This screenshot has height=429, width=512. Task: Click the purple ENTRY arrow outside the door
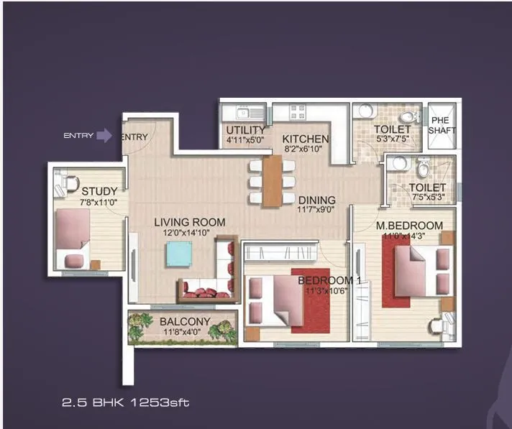(104, 135)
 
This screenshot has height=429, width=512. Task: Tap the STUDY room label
(99, 191)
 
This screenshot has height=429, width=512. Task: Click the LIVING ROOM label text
(189, 223)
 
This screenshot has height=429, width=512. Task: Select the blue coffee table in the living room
(179, 254)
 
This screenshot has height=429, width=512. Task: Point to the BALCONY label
(185, 321)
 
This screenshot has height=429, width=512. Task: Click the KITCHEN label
(305, 139)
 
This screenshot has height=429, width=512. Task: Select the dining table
(272, 181)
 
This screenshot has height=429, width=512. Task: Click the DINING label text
(316, 200)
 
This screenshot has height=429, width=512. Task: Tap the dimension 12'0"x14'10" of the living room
(190, 234)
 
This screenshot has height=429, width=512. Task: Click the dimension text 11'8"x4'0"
(185, 332)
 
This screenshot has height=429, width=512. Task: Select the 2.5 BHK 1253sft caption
(126, 404)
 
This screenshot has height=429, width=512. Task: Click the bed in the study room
(71, 234)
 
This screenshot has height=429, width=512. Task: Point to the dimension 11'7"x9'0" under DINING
(316, 211)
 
